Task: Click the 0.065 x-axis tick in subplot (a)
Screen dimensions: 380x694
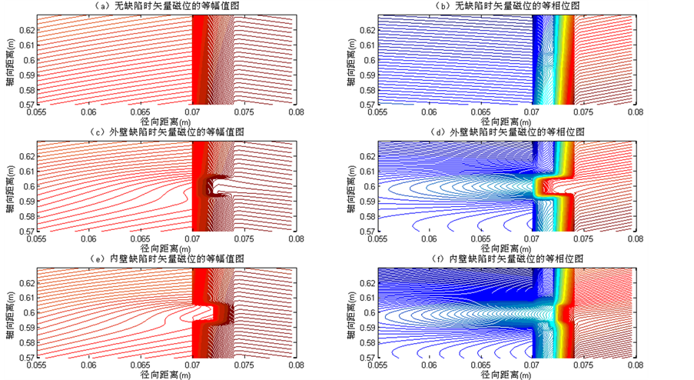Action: (x=141, y=112)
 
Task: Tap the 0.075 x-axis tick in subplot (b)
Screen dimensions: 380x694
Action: (x=583, y=112)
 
